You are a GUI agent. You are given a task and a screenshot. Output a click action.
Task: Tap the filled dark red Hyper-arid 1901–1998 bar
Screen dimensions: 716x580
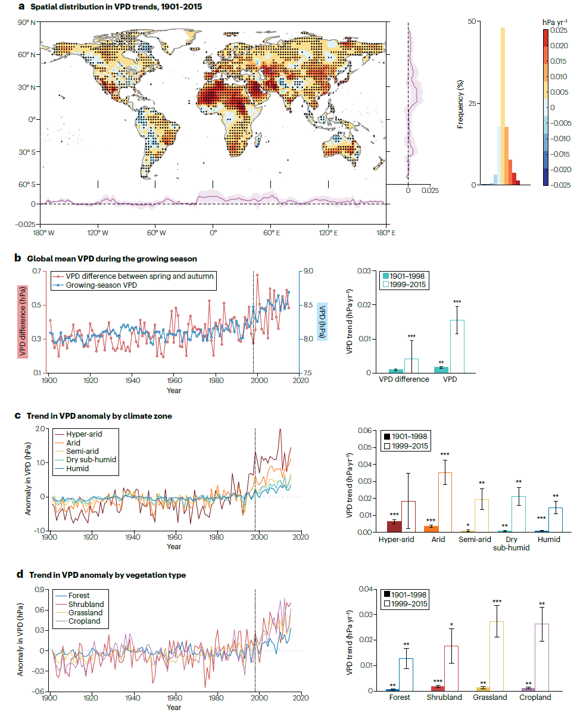[394, 527]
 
